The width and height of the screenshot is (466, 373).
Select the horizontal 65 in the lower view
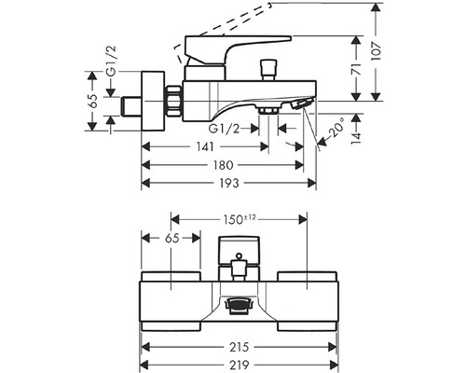tap(171, 239)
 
